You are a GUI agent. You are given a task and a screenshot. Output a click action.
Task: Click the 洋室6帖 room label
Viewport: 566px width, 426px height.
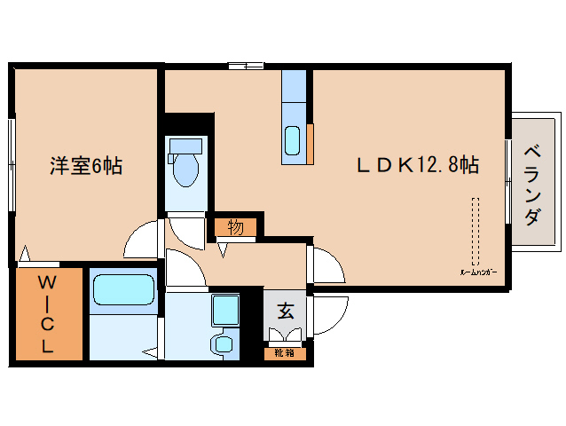point(85,165)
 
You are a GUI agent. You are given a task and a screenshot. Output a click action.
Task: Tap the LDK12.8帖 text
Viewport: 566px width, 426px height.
point(418,165)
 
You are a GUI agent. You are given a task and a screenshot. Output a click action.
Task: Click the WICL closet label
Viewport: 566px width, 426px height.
point(48,314)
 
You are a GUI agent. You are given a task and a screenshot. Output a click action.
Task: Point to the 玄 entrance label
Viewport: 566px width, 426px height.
point(286,311)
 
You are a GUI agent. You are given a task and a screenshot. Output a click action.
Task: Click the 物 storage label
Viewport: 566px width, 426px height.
point(235,227)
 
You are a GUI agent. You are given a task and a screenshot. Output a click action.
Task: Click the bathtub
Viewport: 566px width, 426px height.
point(122,290)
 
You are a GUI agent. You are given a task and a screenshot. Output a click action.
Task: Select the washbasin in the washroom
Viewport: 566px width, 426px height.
point(223,343)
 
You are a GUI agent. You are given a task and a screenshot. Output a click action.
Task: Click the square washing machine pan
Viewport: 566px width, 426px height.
point(224,311)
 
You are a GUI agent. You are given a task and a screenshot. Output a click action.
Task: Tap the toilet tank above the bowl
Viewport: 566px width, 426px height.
point(186,145)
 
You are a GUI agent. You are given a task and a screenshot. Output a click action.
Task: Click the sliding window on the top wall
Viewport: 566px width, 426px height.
point(246,65)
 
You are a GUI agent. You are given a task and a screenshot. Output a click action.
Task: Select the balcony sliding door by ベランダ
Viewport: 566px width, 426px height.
point(508,182)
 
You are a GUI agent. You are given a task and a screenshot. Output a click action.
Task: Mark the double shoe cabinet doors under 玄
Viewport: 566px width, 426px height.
point(286,336)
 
